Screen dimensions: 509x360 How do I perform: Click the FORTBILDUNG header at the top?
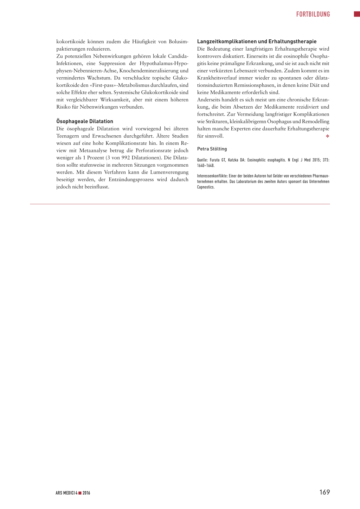tap(313, 14)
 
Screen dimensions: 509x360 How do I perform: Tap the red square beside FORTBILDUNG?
tap(357, 14)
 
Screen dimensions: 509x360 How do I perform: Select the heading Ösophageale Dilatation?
tap(85, 121)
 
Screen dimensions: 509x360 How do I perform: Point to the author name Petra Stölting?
tap(212, 149)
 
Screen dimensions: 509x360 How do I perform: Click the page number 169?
tap(324, 492)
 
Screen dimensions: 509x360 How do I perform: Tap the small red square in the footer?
tap(80, 493)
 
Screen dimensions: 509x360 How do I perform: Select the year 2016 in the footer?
tap(86, 493)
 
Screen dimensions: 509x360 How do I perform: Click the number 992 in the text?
tap(126, 158)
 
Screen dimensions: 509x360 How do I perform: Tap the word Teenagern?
tap(67, 136)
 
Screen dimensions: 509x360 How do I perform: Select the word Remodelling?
tap(316, 122)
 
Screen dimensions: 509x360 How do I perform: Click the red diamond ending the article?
tap(327, 136)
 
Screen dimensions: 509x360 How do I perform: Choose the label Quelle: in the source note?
tap(202, 160)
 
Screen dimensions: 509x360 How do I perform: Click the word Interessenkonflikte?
tap(212, 176)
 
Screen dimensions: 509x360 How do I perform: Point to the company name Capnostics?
tap(206, 187)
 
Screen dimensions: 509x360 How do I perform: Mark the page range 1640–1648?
tap(206, 166)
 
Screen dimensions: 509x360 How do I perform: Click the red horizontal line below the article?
tap(180, 204)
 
